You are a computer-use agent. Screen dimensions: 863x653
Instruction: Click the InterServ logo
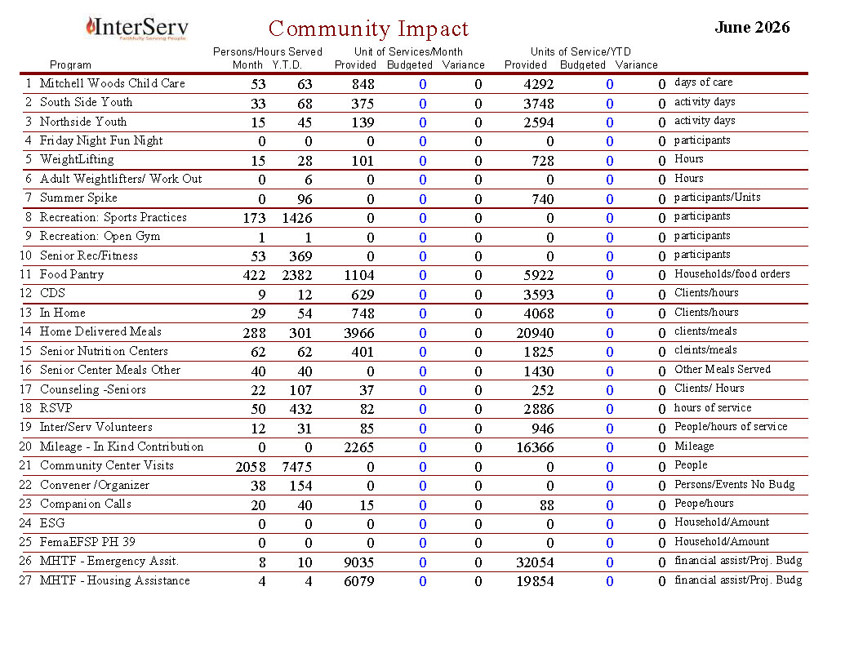coord(137,28)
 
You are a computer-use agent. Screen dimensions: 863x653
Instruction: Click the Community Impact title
coord(368,29)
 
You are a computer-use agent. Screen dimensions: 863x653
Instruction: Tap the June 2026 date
coord(752,27)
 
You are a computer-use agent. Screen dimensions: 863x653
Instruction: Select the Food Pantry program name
coord(72,274)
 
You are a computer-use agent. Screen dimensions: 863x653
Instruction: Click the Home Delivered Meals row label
coord(100,331)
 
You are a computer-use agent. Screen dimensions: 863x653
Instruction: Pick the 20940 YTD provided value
coord(535,333)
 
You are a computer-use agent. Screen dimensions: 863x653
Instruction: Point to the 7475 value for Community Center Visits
coord(296,467)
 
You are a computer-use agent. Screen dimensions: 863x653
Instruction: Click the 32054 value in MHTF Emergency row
coord(535,562)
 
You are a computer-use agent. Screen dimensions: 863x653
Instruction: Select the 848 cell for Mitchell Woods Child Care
coord(363,84)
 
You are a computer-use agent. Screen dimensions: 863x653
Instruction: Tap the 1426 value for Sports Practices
coord(296,218)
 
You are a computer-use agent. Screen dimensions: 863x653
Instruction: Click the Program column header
coord(70,65)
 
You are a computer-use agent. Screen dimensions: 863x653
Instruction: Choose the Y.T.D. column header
coord(287,65)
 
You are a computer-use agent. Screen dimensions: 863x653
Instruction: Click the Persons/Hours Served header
coord(268,51)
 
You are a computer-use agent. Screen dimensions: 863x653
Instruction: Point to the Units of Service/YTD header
coord(581,51)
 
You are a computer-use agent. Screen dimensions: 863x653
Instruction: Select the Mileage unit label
coord(694,446)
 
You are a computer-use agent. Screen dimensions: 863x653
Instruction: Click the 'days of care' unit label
coord(704,82)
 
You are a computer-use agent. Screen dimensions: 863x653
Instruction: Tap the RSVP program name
coord(56,407)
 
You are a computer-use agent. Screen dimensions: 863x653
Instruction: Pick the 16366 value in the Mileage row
coord(535,448)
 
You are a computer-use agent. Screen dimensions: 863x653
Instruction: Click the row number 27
coord(25,580)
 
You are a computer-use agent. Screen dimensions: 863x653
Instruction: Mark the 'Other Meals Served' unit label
coord(723,369)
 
